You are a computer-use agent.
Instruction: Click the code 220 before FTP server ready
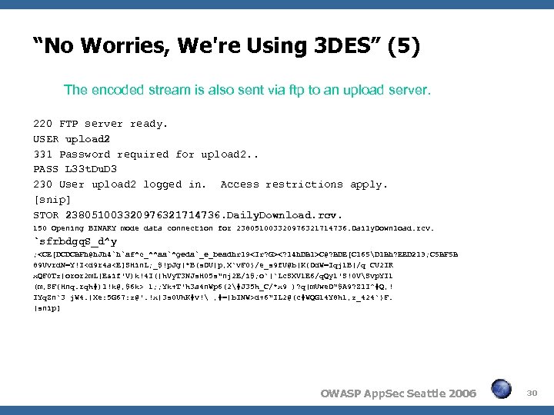43,124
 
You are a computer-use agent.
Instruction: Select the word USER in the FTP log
46,139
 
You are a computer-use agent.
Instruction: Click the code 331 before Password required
43,154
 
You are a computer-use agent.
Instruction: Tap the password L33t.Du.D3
92,169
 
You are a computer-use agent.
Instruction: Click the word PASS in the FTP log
46,169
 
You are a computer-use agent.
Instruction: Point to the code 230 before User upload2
43,184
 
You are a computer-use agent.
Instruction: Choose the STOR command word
46,215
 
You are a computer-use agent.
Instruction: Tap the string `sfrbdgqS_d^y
78,242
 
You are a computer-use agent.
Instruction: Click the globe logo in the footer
501,390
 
